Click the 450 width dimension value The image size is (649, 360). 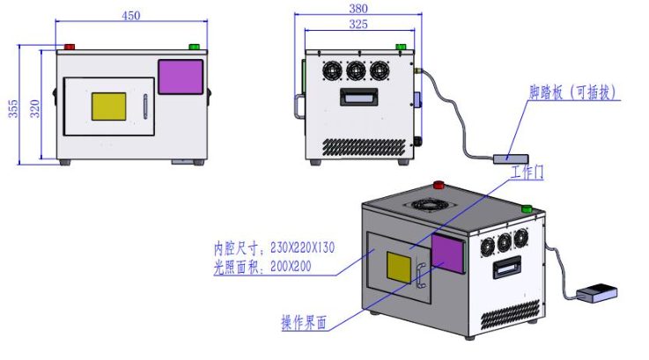tap(130, 15)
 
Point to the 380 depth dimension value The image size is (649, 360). tap(359, 8)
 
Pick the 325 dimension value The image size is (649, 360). tap(358, 25)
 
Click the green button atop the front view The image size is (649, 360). tap(194, 47)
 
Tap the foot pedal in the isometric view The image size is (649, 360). tap(594, 292)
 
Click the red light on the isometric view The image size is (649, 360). tap(439, 185)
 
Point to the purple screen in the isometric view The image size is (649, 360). tap(448, 253)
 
